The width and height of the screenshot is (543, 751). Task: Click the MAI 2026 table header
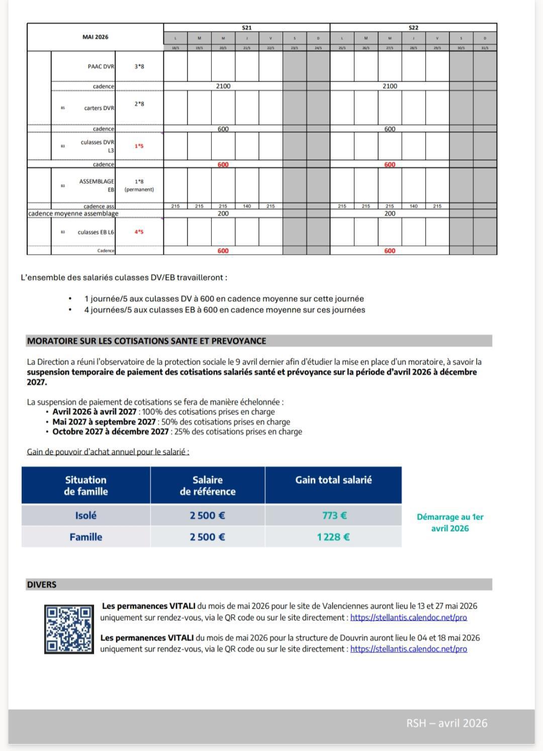[95, 37]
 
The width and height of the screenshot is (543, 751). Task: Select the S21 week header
[246, 28]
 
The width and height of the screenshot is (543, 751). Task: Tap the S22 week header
[413, 28]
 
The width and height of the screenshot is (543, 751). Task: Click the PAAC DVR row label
[101, 66]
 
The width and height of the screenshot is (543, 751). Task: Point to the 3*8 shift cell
[139, 66]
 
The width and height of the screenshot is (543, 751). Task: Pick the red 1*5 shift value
[139, 146]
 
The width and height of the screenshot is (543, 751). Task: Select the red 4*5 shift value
[139, 232]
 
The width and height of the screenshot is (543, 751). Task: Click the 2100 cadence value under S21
[223, 86]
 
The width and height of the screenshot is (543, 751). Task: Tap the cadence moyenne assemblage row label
[73, 213]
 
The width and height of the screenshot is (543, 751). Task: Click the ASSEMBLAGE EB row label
[97, 185]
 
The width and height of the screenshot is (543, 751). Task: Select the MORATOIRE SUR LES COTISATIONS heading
[146, 341]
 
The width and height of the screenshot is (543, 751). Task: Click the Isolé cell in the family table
[85, 515]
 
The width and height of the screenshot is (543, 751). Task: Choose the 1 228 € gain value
[333, 537]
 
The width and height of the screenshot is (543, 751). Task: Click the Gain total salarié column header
[333, 480]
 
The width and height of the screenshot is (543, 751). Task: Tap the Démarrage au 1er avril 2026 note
[450, 522]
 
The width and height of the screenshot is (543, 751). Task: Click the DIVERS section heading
[42, 584]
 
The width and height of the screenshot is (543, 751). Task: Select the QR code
[69, 629]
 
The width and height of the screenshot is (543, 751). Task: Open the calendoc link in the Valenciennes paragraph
[408, 617]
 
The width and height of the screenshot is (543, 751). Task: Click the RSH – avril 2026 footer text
[446, 723]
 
